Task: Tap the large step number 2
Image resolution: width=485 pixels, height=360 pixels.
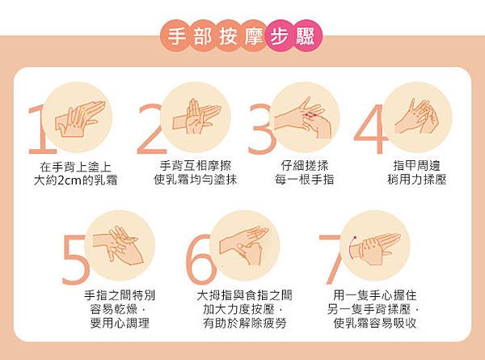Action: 152,130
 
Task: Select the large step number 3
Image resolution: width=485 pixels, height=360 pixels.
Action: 261,130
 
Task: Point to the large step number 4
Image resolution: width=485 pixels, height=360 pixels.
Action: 370,130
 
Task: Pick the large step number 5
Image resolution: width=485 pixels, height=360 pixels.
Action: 76,260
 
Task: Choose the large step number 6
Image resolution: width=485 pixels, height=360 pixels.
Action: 200,260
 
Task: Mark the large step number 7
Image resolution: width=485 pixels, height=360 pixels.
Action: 330,260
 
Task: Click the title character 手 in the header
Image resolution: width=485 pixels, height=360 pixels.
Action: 176,37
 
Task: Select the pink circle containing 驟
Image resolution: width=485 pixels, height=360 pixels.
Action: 306,37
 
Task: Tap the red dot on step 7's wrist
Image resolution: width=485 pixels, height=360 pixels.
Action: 355,238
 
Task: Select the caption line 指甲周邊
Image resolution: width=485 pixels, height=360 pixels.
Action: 416,166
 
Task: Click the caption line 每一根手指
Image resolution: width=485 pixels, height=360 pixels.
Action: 305,180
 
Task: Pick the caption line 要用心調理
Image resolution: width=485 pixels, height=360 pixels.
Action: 120,323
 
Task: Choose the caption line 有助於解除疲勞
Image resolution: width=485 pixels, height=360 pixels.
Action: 245,323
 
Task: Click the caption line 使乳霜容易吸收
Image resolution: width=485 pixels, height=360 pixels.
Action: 375,323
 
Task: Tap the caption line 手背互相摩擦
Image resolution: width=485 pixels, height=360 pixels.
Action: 196,166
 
